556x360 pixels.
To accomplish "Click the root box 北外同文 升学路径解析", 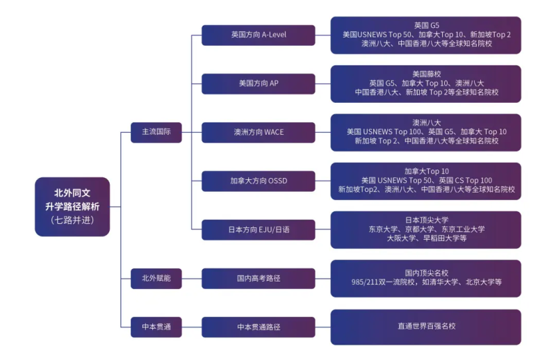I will (x=72, y=206).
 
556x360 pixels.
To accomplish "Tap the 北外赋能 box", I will (x=156, y=278).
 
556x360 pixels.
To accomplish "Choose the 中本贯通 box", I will (x=156, y=326).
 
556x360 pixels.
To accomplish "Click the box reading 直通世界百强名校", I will (x=426, y=326).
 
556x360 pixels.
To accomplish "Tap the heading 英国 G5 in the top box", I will (x=426, y=25).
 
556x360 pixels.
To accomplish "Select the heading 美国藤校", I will (x=426, y=74).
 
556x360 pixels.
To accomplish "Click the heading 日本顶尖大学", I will (x=426, y=220).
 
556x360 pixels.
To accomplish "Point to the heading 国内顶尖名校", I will (x=426, y=272).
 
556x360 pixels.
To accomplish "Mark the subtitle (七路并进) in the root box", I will (x=72, y=220).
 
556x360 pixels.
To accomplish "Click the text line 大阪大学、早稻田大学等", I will (x=426, y=238).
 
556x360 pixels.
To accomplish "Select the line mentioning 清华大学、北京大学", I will (x=426, y=282).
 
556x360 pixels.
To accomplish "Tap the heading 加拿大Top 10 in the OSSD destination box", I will (x=426, y=171).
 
